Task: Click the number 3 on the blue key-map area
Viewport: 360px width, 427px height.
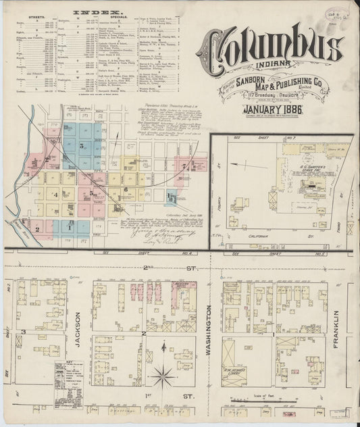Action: [81, 145]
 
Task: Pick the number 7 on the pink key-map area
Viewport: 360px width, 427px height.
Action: [183, 165]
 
